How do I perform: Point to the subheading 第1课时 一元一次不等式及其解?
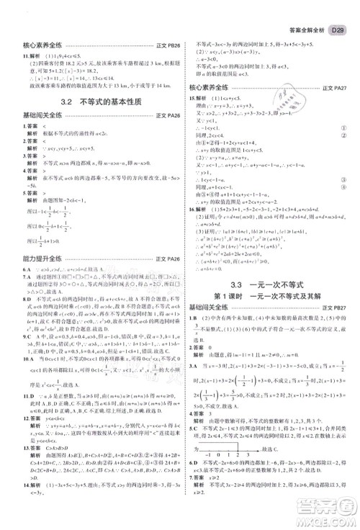(x=268, y=299)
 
